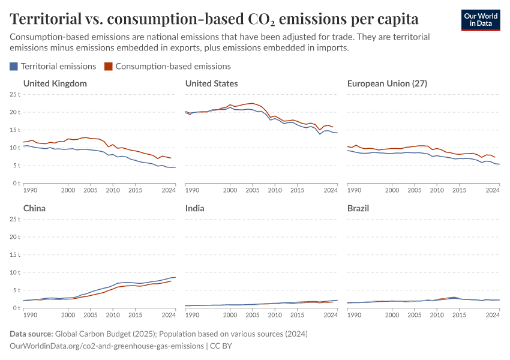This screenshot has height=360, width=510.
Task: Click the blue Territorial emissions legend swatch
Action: coord(14,67)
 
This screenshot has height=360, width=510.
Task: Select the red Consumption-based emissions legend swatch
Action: coord(109,67)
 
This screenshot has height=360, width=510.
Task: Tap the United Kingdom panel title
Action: coord(55,83)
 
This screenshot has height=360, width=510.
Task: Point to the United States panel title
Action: coord(212,83)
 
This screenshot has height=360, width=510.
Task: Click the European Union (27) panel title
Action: coord(387,83)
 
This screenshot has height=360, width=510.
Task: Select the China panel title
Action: coord(34,208)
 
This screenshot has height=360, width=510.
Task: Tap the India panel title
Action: coord(195,208)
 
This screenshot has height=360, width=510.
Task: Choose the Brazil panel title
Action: coord(358,208)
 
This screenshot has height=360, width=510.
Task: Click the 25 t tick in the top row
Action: coord(15,94)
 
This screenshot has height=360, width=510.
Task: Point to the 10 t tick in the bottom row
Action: coord(15,272)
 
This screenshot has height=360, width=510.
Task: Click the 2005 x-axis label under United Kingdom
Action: coord(91,190)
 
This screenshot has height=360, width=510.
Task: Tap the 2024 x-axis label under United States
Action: coord(331,190)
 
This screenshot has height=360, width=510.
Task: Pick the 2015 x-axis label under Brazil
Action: coord(459,314)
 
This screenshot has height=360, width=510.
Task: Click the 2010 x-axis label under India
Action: coord(275,314)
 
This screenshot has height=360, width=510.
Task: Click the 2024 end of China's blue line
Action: coord(175,277)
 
